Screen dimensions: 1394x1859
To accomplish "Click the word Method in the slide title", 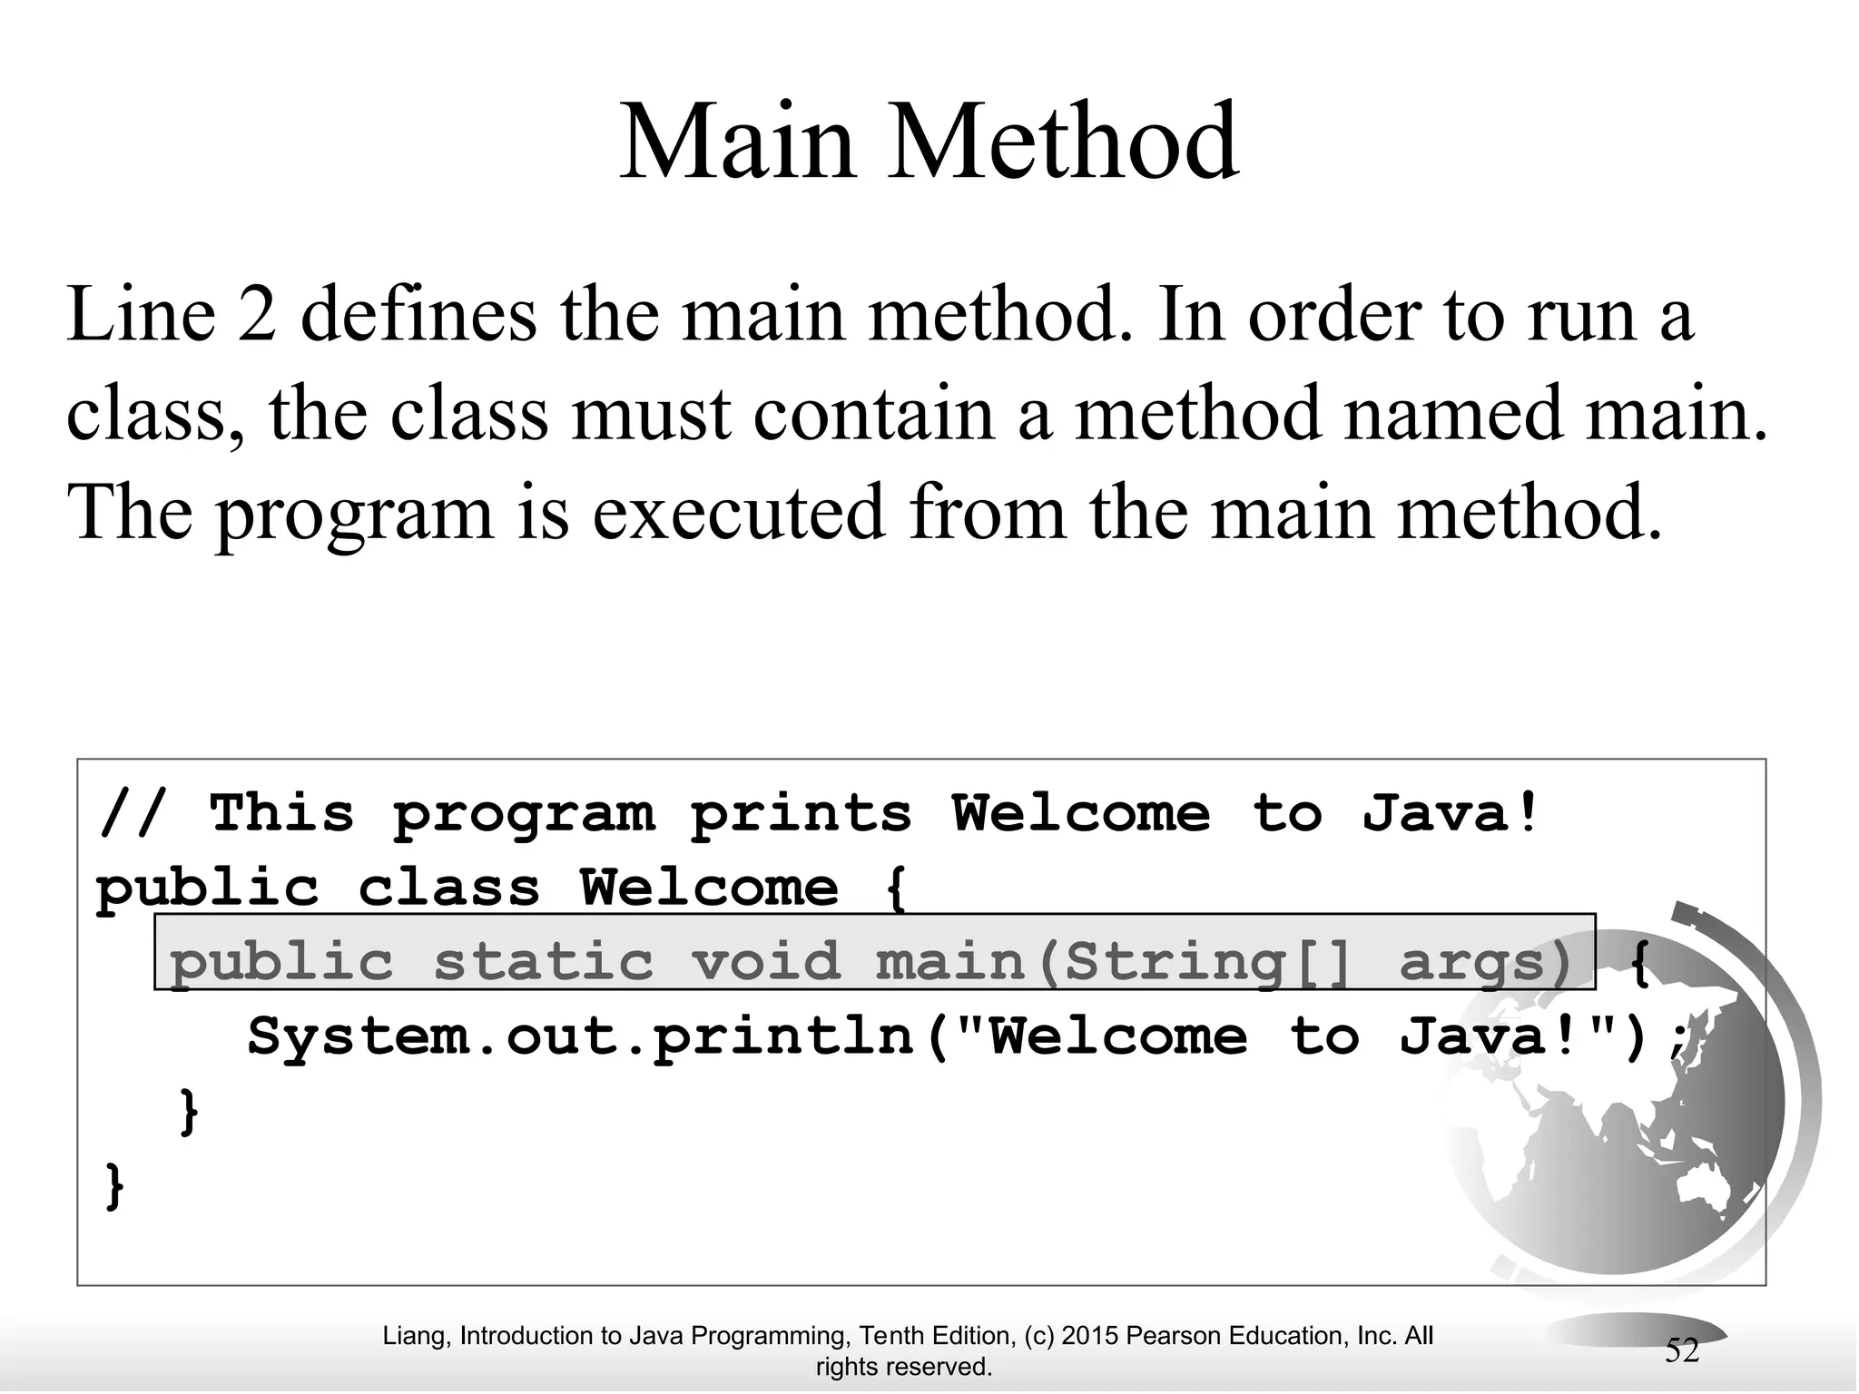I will point(1063,142).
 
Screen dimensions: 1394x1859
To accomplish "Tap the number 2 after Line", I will point(258,315).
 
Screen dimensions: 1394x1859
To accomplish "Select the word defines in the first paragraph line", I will point(418,315).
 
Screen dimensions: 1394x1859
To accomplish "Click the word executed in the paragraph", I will point(738,513).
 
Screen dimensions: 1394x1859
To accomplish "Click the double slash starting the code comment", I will point(133,812).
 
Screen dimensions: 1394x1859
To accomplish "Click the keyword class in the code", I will point(449,888).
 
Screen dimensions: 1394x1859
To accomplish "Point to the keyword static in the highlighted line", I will point(543,961).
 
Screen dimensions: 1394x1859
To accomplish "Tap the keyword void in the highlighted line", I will point(766,961).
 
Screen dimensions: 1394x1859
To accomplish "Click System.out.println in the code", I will point(581,1036).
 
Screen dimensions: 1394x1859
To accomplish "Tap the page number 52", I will point(1681,1351).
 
